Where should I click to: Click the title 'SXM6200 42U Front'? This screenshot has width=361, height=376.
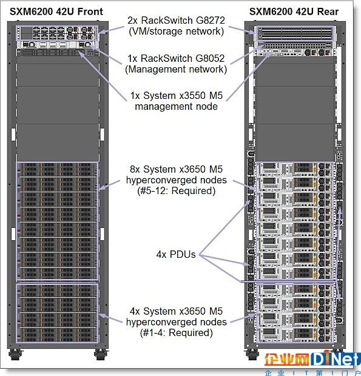[x=56, y=12]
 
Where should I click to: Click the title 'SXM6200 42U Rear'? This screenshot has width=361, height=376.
[x=294, y=12]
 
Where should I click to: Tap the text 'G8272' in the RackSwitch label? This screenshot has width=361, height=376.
[x=210, y=21]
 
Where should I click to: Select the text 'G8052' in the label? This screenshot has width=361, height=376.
[x=210, y=58]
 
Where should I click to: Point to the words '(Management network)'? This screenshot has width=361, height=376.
[x=176, y=69]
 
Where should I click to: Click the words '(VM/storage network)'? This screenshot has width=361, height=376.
[x=177, y=32]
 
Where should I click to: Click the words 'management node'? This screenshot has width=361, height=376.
[x=177, y=106]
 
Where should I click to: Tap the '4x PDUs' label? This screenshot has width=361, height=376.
[x=176, y=254]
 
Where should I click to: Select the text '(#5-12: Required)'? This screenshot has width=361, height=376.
[x=177, y=191]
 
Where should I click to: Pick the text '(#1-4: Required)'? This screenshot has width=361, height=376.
[x=177, y=333]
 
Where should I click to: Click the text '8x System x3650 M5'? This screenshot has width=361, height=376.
[x=177, y=169]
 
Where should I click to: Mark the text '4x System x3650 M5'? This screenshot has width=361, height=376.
[x=177, y=311]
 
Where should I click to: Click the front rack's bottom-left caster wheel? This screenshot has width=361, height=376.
[x=15, y=354]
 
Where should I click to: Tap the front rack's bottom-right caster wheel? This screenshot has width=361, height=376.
[x=101, y=354]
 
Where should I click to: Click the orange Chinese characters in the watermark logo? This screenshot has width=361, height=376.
[x=287, y=359]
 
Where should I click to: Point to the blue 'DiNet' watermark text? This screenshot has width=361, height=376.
[x=336, y=358]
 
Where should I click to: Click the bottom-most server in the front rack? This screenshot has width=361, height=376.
[x=57, y=335]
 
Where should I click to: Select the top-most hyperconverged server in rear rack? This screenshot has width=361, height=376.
[x=294, y=169]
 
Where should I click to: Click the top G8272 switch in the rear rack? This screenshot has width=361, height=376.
[x=295, y=30]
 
